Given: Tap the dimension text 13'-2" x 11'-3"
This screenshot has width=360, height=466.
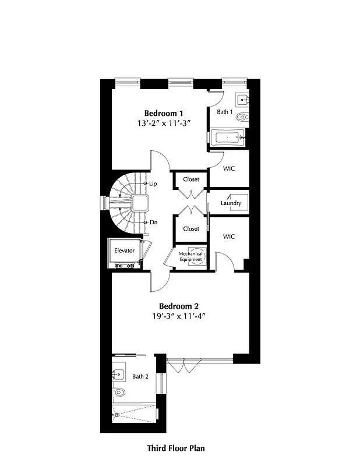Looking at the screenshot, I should coord(164,123).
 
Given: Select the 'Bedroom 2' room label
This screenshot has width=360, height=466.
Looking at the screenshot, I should coord(179,306).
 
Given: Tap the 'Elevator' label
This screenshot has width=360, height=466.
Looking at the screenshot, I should coord(124,250).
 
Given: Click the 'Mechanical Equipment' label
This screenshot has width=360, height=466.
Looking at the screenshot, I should coord(190,256).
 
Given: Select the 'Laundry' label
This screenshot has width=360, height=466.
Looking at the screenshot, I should coord(231,203).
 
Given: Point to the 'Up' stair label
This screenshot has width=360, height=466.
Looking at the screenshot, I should coord(153,183).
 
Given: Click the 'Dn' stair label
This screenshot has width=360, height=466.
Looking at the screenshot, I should coord(153,223).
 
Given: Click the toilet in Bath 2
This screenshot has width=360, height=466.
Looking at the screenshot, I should coord(119,392).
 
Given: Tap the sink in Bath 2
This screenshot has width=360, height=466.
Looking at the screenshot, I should coord(119,373).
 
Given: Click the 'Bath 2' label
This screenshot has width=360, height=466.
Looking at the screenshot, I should coord(140,376).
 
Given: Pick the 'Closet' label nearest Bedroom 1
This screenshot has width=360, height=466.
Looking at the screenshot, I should coord(191,179).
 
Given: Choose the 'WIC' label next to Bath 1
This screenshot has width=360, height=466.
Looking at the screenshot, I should coord(229,169).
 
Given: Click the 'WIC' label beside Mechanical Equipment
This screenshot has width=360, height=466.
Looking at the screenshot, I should coord(229,236).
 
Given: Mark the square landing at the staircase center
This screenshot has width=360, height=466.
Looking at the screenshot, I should coord(140,203).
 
